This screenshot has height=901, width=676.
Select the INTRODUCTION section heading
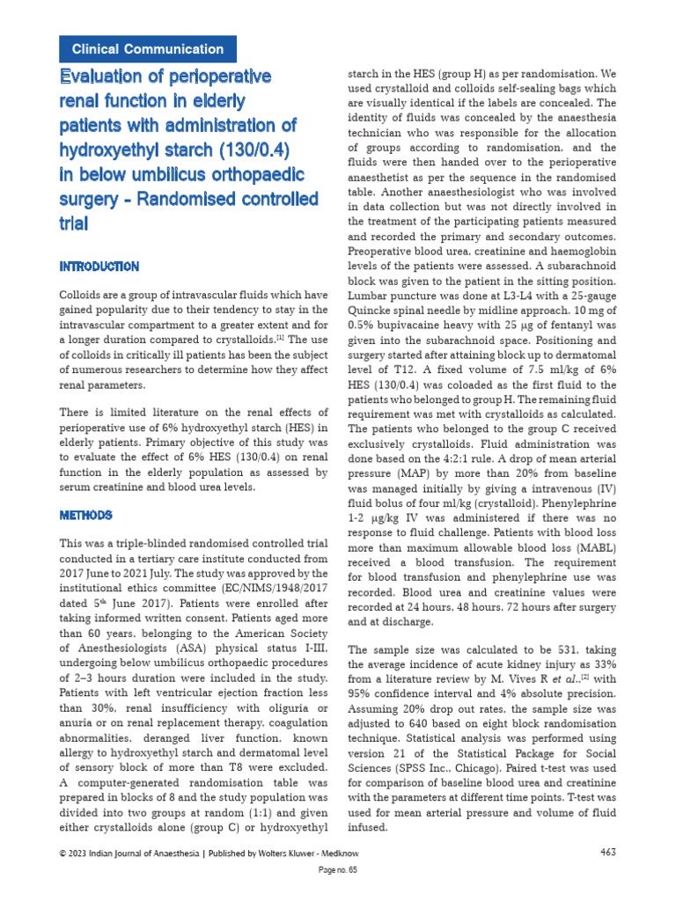pos(99,266)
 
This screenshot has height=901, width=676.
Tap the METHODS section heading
pos(86,514)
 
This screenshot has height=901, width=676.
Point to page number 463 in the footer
pos(607,851)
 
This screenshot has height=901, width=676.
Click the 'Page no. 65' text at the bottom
pos(337,869)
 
